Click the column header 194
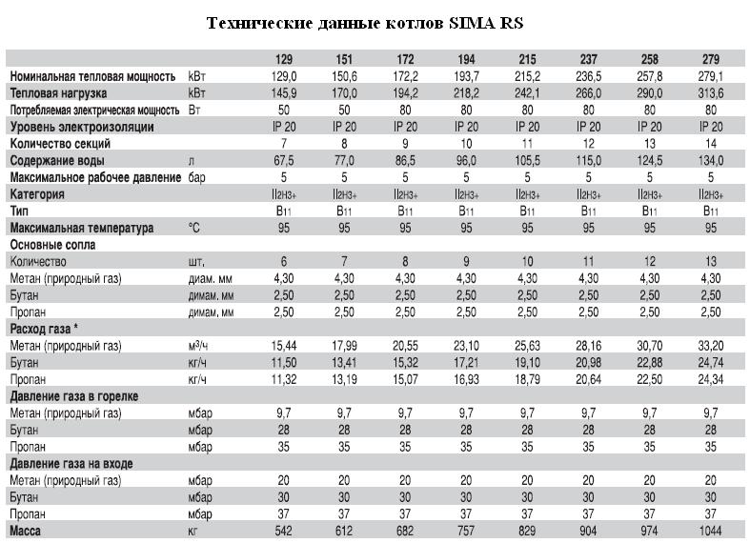(x=466, y=59)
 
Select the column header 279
(x=711, y=59)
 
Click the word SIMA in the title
(x=472, y=23)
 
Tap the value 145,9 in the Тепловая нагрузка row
(x=284, y=92)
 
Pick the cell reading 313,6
(x=711, y=92)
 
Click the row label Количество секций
(x=60, y=144)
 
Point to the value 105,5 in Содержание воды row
(x=527, y=160)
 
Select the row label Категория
(x=37, y=194)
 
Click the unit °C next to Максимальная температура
(x=194, y=228)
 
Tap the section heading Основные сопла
(x=52, y=245)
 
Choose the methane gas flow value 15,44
(x=284, y=346)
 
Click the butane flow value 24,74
(x=711, y=362)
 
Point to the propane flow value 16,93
(x=466, y=379)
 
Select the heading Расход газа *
(x=44, y=329)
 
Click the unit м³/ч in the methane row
(x=197, y=345)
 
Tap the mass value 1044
(x=711, y=531)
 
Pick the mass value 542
(x=284, y=531)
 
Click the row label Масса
(x=26, y=531)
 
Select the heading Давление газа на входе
(x=71, y=464)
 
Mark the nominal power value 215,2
(x=527, y=76)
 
